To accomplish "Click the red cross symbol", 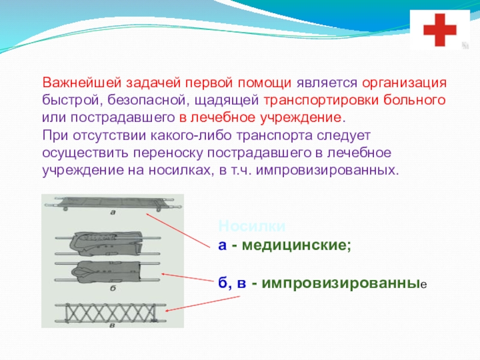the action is tap(440, 29).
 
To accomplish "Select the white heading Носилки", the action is tap(243, 226).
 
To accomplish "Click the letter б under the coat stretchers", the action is tap(113, 288).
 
